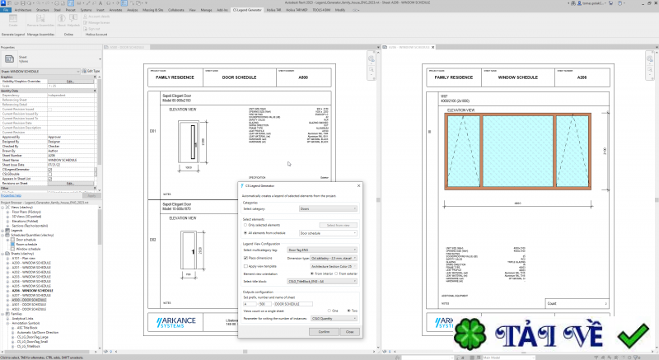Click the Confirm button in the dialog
point(324,331)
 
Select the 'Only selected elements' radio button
point(245,224)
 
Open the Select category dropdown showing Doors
point(326,209)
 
